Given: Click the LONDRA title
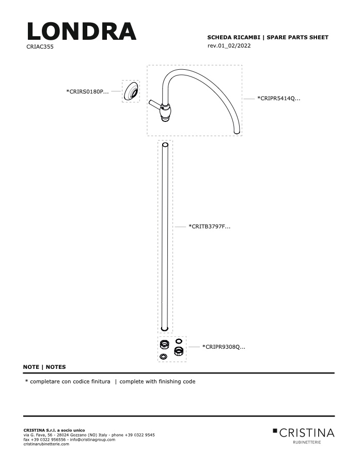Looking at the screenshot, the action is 82,31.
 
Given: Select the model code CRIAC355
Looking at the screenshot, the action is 40,47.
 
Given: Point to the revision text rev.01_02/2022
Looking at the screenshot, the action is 229,45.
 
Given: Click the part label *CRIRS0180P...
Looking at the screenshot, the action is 87,91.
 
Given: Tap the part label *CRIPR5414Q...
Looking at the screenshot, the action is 279,99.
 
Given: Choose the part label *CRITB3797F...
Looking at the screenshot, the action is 209,227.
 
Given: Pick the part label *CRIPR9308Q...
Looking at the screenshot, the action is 224,347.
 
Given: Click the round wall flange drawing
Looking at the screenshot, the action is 131,91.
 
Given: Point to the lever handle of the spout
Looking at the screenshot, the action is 155,104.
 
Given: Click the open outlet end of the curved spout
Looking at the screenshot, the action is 237,132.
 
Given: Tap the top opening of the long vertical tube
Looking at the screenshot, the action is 165,145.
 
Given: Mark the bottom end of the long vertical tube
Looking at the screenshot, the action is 165,329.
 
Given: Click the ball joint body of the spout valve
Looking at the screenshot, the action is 165,112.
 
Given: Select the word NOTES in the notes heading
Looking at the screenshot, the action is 56,367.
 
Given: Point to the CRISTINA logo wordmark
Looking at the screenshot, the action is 307,433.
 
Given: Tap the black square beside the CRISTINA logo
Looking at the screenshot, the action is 275,430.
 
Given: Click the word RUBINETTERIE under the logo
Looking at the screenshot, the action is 307,442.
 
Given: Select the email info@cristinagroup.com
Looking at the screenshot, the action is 92,440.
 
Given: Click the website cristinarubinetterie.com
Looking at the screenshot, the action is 46,444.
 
